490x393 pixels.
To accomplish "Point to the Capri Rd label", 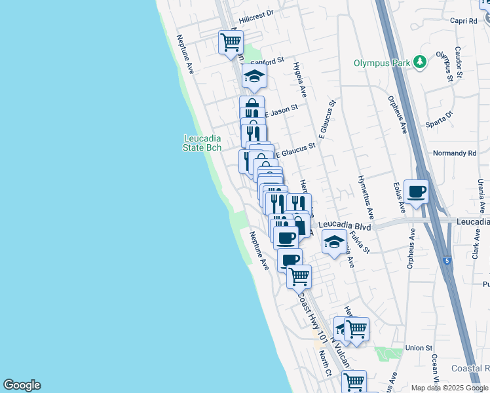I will tap(464, 20).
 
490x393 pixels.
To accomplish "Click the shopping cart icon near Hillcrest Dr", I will tap(231, 42).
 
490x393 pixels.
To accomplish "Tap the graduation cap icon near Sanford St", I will tap(254, 76).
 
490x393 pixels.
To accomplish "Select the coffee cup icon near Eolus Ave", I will tap(417, 191).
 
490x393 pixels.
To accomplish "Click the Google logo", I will tap(22, 385).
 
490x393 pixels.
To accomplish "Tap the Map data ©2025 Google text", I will tap(449, 388).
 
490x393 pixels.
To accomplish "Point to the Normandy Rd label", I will tap(455, 153).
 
